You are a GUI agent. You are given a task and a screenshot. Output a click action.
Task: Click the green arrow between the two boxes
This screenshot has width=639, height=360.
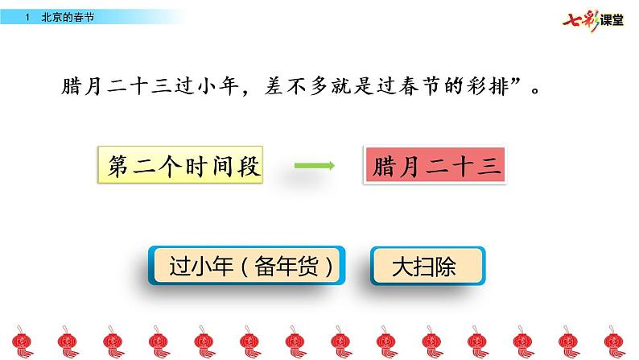click(314, 167)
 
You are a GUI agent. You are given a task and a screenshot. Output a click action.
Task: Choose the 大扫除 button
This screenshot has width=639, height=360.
click(427, 266)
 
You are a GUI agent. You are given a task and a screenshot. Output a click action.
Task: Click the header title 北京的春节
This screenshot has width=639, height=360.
click(67, 16)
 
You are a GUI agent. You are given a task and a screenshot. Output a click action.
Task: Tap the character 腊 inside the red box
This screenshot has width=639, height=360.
click(383, 167)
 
